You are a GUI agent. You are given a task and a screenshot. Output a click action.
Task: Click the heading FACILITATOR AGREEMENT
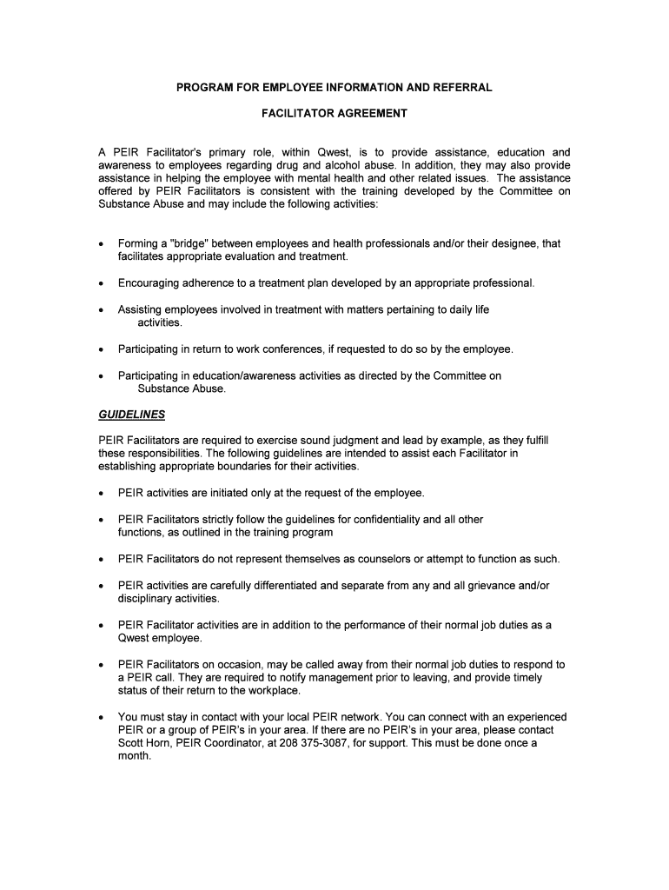tap(334, 113)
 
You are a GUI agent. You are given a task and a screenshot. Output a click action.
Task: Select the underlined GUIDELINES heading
tap(131, 415)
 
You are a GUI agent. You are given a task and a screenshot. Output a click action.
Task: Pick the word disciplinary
tap(144, 598)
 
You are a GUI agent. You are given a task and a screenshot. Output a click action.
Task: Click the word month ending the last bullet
tap(134, 756)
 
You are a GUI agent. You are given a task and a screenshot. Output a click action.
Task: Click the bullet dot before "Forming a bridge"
tap(103, 244)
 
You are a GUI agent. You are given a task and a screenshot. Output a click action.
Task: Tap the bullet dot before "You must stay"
tap(103, 718)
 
